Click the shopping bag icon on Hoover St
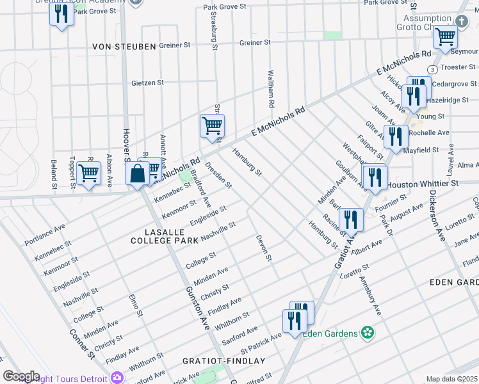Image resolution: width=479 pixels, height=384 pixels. (138, 173)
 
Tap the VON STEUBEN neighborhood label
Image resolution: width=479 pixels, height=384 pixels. (124, 47)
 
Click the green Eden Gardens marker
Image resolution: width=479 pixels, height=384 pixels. (367, 332)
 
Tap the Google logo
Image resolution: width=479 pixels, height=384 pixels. (21, 376)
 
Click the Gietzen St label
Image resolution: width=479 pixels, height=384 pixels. (147, 83)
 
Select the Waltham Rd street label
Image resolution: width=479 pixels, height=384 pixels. (272, 89)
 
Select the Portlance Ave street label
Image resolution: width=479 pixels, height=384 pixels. (45, 236)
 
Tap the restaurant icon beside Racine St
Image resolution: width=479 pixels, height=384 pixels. (350, 220)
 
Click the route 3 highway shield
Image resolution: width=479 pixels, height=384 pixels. (434, 69)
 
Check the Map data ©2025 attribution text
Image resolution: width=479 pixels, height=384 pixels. (452, 379)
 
